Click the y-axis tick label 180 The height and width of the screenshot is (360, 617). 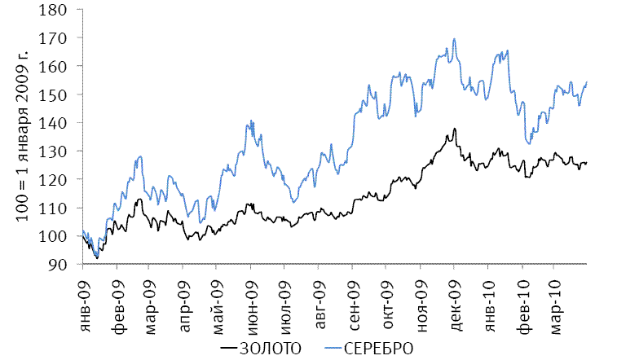coord(64,9)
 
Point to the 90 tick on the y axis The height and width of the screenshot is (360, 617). coord(67,265)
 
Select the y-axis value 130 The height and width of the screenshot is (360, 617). coord(64,151)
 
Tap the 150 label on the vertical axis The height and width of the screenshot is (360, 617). coord(64,94)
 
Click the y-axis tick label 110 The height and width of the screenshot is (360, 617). coord(64,208)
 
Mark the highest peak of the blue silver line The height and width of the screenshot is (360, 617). coord(454,39)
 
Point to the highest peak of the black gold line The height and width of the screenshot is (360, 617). coord(454,129)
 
